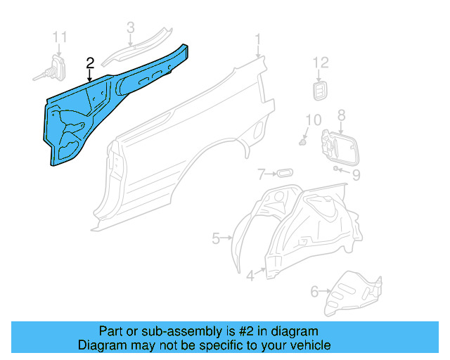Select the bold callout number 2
pos(90,63)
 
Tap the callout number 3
pos(130,28)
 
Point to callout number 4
pos(250,276)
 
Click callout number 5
pos(216,238)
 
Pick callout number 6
pos(314,289)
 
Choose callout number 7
pos(261,173)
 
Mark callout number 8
pos(341,115)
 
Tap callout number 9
pos(356,174)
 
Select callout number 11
pos(60,37)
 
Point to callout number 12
pos(320,63)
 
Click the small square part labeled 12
pos(320,90)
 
